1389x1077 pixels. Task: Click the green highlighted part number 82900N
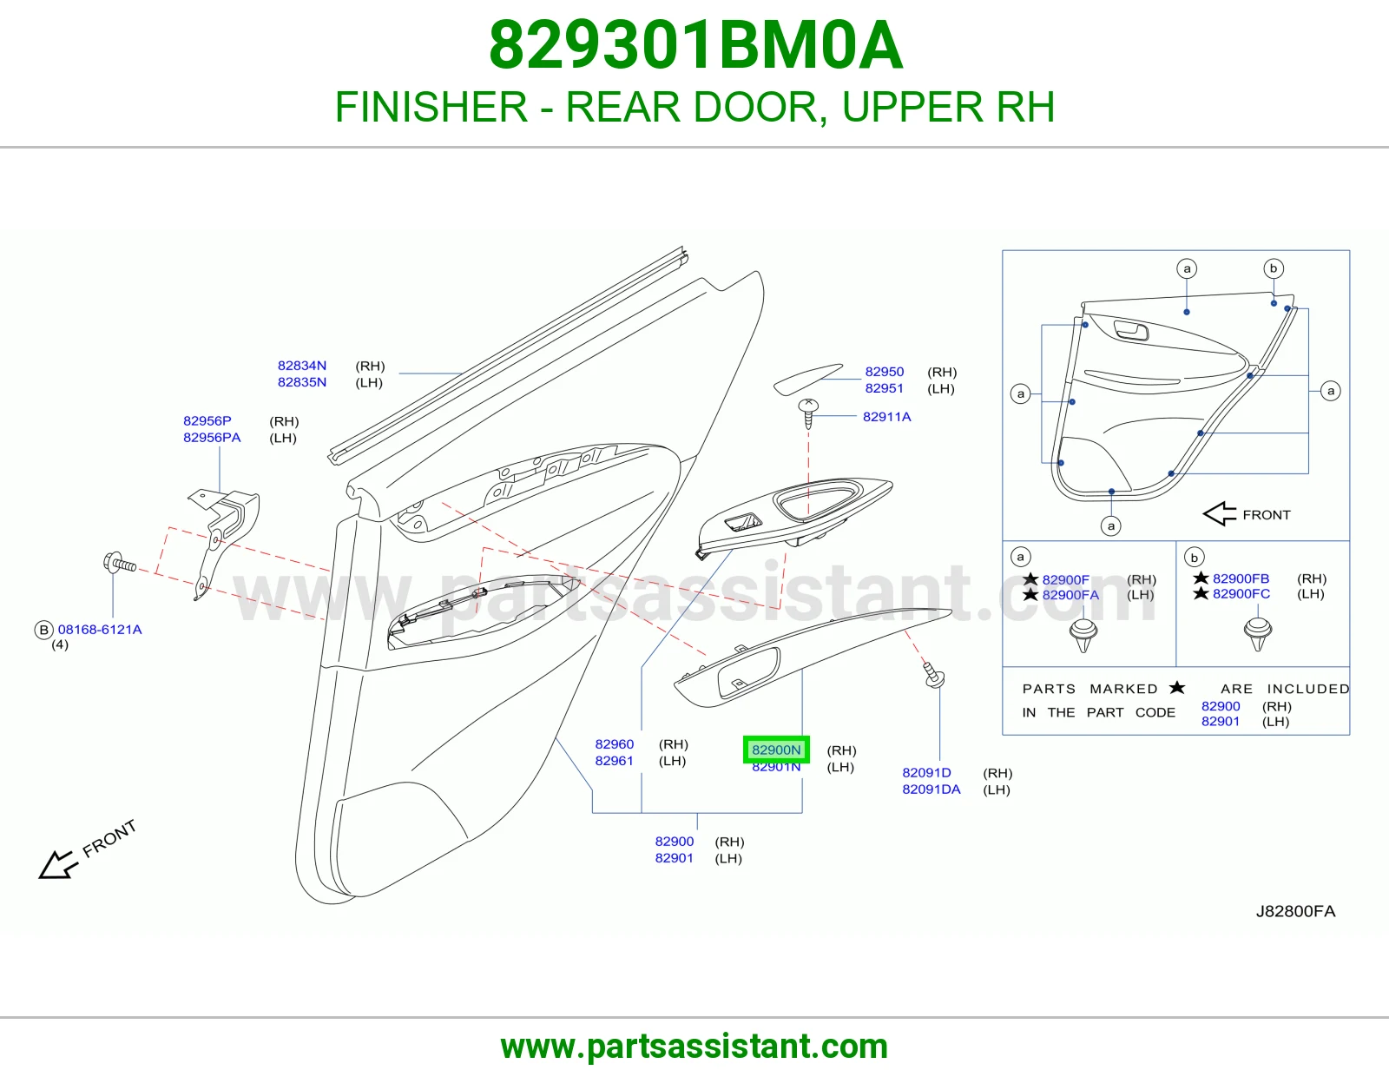click(776, 750)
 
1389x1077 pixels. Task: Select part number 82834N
click(302, 365)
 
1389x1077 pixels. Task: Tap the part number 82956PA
click(212, 438)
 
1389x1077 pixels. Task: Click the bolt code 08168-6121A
click(100, 630)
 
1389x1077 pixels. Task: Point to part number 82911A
click(886, 416)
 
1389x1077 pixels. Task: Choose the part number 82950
click(884, 372)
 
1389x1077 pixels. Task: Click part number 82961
click(615, 761)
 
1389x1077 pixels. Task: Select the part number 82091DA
click(931, 790)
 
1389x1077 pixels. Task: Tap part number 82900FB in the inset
click(1241, 578)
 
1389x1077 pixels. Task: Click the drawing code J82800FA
click(1295, 911)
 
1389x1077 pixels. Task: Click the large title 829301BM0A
click(695, 45)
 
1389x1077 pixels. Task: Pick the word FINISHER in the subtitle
click(431, 106)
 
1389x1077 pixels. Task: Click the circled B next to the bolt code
click(43, 630)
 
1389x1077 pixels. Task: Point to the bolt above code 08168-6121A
click(120, 564)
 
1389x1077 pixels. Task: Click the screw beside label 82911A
click(808, 413)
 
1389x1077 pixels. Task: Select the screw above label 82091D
click(933, 676)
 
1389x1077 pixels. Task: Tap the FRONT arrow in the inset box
click(1220, 513)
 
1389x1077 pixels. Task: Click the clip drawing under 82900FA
click(1083, 636)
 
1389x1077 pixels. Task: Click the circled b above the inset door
click(1274, 268)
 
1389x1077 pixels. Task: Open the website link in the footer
click(694, 1047)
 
